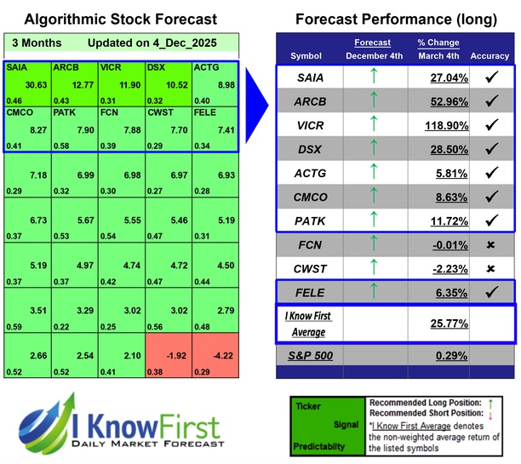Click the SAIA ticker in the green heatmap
(16, 66)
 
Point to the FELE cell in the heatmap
(215, 127)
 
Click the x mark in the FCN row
(490, 244)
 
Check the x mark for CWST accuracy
(490, 268)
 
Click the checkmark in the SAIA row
(490, 77)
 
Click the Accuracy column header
(490, 56)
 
